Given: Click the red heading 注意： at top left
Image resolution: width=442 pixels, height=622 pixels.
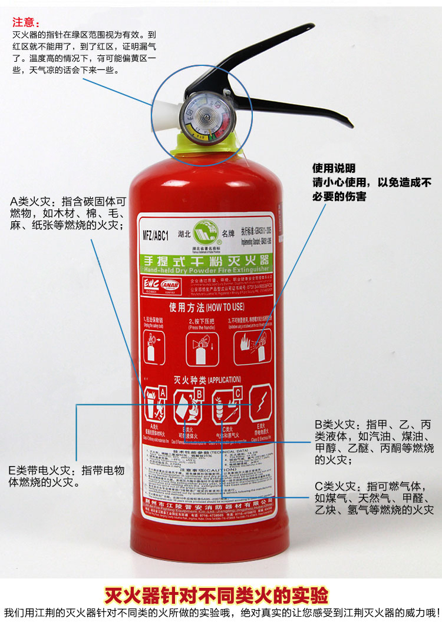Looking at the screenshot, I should pos(27,23).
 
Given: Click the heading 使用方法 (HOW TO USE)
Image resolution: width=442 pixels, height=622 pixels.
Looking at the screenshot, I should pos(206,307).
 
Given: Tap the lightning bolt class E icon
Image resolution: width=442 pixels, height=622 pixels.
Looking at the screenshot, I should pos(260,403).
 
